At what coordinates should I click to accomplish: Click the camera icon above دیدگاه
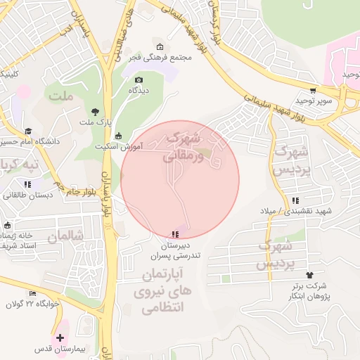[139, 80]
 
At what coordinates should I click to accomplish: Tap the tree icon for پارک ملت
[96, 112]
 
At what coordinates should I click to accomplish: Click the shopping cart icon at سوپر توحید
[313, 91]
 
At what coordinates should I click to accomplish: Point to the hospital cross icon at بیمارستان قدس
[60, 338]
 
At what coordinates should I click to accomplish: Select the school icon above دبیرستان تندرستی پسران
[174, 234]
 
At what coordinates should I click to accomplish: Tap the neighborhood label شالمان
[65, 236]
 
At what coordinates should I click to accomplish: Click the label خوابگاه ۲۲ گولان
[30, 304]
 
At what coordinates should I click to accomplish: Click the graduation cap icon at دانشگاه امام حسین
[28, 131]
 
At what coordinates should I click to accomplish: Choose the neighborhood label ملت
[61, 96]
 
